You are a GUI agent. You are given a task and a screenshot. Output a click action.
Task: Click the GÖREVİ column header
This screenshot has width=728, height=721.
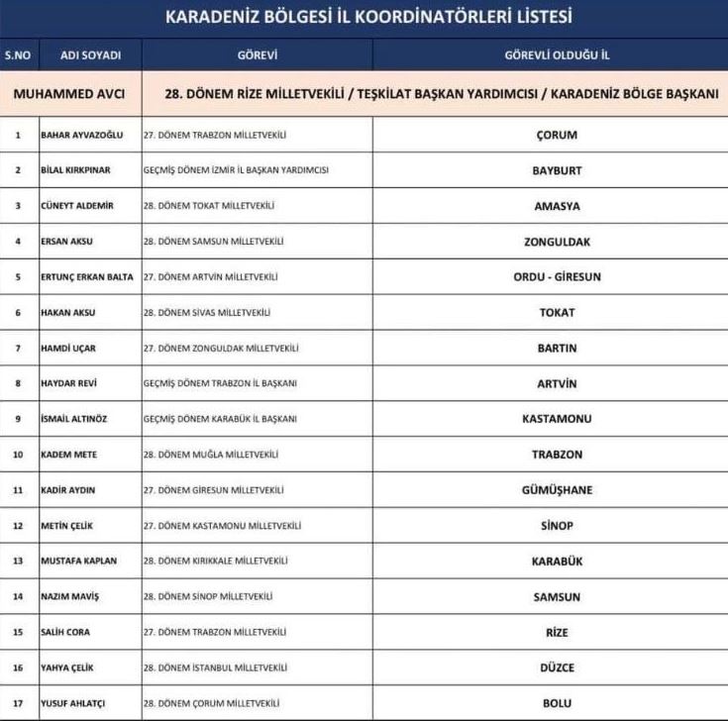257,54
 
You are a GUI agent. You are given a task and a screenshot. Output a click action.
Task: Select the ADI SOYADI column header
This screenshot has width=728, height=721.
83,54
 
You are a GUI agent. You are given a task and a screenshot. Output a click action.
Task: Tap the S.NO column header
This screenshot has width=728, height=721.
18,54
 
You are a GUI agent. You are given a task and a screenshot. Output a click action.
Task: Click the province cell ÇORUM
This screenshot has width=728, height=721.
556,135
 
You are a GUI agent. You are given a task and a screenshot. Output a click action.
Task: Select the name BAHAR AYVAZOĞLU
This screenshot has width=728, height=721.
79,135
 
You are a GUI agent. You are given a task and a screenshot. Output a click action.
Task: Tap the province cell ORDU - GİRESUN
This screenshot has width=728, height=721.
556,277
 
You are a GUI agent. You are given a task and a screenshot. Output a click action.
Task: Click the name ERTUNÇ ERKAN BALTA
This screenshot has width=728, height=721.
86,277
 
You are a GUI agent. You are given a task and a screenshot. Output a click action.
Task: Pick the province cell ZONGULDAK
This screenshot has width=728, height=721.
556,242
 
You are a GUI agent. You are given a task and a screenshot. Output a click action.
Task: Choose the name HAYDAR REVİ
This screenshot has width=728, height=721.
68,383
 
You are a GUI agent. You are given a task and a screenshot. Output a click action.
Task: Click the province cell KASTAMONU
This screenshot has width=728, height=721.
556,419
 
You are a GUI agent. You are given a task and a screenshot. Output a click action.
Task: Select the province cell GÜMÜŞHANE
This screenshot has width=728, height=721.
556,490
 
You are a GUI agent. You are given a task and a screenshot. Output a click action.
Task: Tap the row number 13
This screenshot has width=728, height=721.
18,561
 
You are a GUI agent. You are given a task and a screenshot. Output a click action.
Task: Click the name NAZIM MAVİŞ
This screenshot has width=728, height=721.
69,596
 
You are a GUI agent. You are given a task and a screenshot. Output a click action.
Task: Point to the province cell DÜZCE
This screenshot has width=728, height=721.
556,668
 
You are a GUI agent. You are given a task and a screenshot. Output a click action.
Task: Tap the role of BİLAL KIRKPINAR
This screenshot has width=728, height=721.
237,170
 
